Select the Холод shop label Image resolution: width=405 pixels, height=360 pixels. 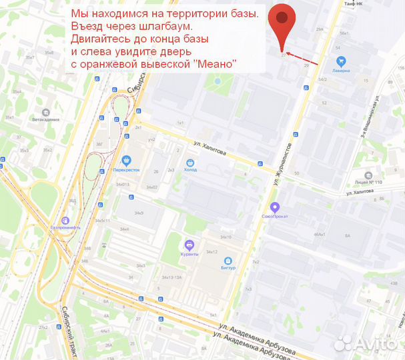pos(190,169)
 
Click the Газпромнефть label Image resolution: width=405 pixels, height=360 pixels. pos(65,227)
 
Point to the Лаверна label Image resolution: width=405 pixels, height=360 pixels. pos(341,68)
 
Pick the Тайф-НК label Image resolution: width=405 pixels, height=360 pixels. pos(354,4)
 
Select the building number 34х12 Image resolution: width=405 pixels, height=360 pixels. pos(212,252)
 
